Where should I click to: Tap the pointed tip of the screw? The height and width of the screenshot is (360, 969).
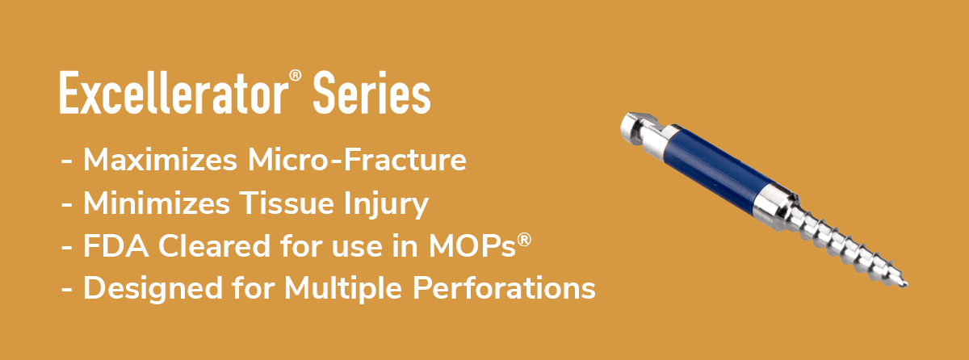click(x=905, y=284)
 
